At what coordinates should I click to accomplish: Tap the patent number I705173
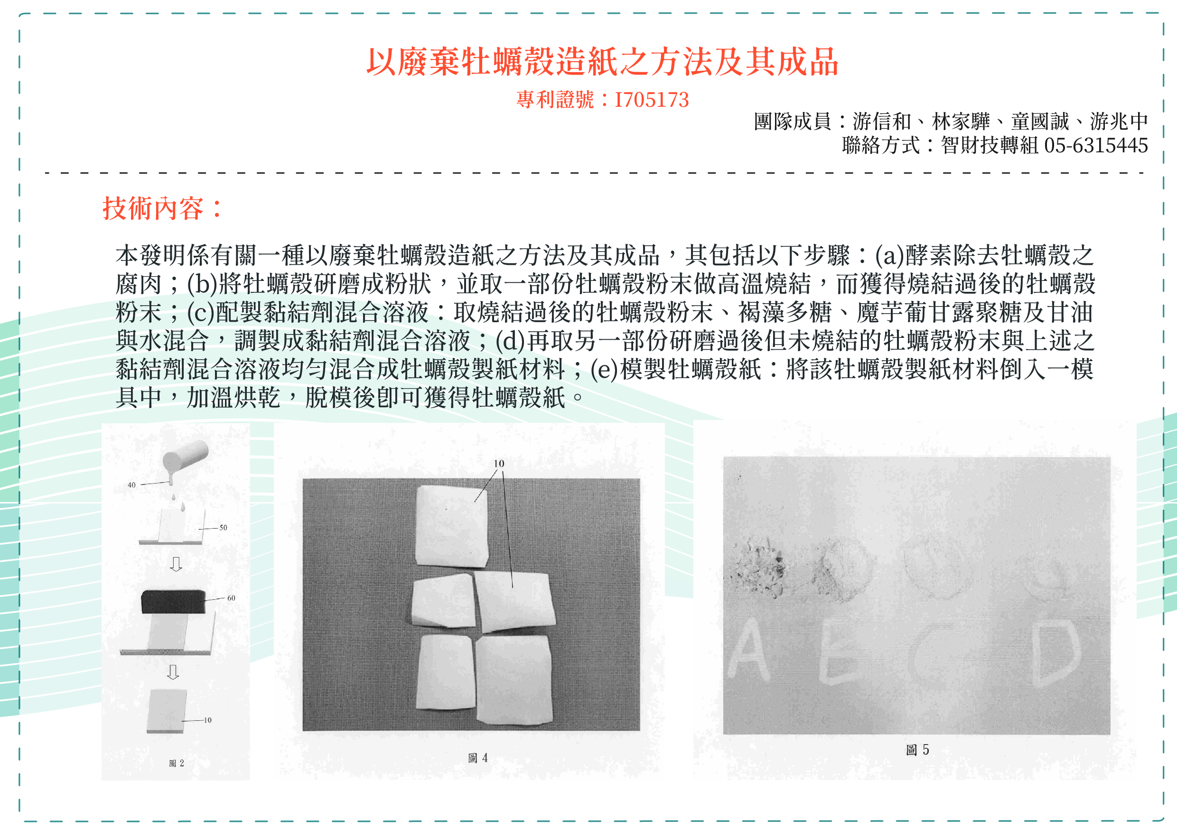coord(651,100)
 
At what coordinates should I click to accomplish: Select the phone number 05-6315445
coord(1095,146)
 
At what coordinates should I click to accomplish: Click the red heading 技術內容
coord(153,208)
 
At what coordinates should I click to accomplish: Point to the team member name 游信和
coord(881,122)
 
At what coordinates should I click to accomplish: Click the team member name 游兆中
coord(1119,122)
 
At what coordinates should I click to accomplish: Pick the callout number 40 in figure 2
coord(131,485)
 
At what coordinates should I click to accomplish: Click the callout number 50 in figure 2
coord(223,527)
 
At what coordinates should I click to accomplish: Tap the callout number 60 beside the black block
coord(231,598)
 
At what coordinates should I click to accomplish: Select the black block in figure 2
coord(173,602)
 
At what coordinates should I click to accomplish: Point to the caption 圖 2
coord(177,763)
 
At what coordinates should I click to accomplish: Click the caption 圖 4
coord(477,758)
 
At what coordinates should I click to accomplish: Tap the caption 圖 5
coord(917,750)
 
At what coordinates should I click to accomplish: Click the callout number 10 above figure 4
coord(499,464)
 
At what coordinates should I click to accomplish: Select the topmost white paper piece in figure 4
coord(451,525)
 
